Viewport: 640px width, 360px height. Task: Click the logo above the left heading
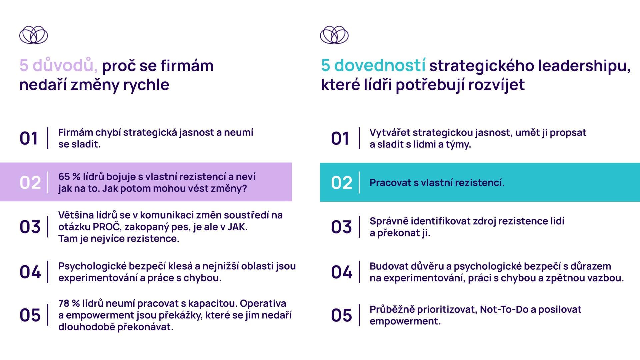coord(33,35)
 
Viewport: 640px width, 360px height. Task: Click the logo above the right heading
coord(334,35)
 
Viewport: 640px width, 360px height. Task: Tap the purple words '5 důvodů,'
coord(58,65)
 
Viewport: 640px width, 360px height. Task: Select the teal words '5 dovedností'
coord(373,65)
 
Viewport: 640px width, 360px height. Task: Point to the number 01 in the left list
coord(29,138)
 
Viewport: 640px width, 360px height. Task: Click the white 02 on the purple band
coord(30,183)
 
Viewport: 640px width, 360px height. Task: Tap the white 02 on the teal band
coord(342,183)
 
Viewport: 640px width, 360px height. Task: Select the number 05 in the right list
coord(341,315)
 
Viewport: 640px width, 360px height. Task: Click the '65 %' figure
coord(69,177)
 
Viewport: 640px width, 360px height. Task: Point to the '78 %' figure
coord(69,303)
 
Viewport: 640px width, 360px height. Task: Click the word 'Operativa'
coord(263,304)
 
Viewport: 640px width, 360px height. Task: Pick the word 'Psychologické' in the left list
coord(92,266)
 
